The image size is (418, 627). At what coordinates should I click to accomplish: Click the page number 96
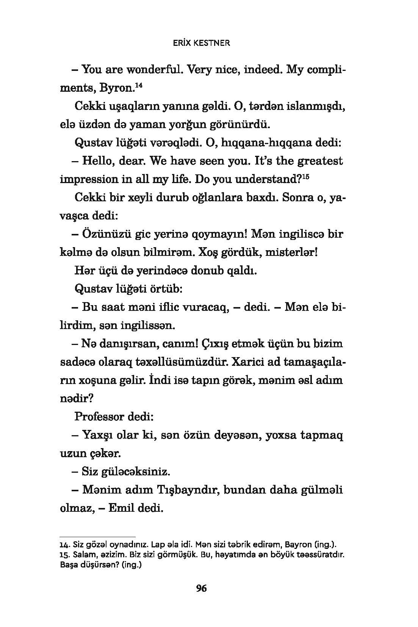(x=201, y=588)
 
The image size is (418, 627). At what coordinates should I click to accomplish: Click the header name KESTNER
(x=212, y=43)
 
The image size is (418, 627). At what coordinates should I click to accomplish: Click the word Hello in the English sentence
(x=97, y=161)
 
